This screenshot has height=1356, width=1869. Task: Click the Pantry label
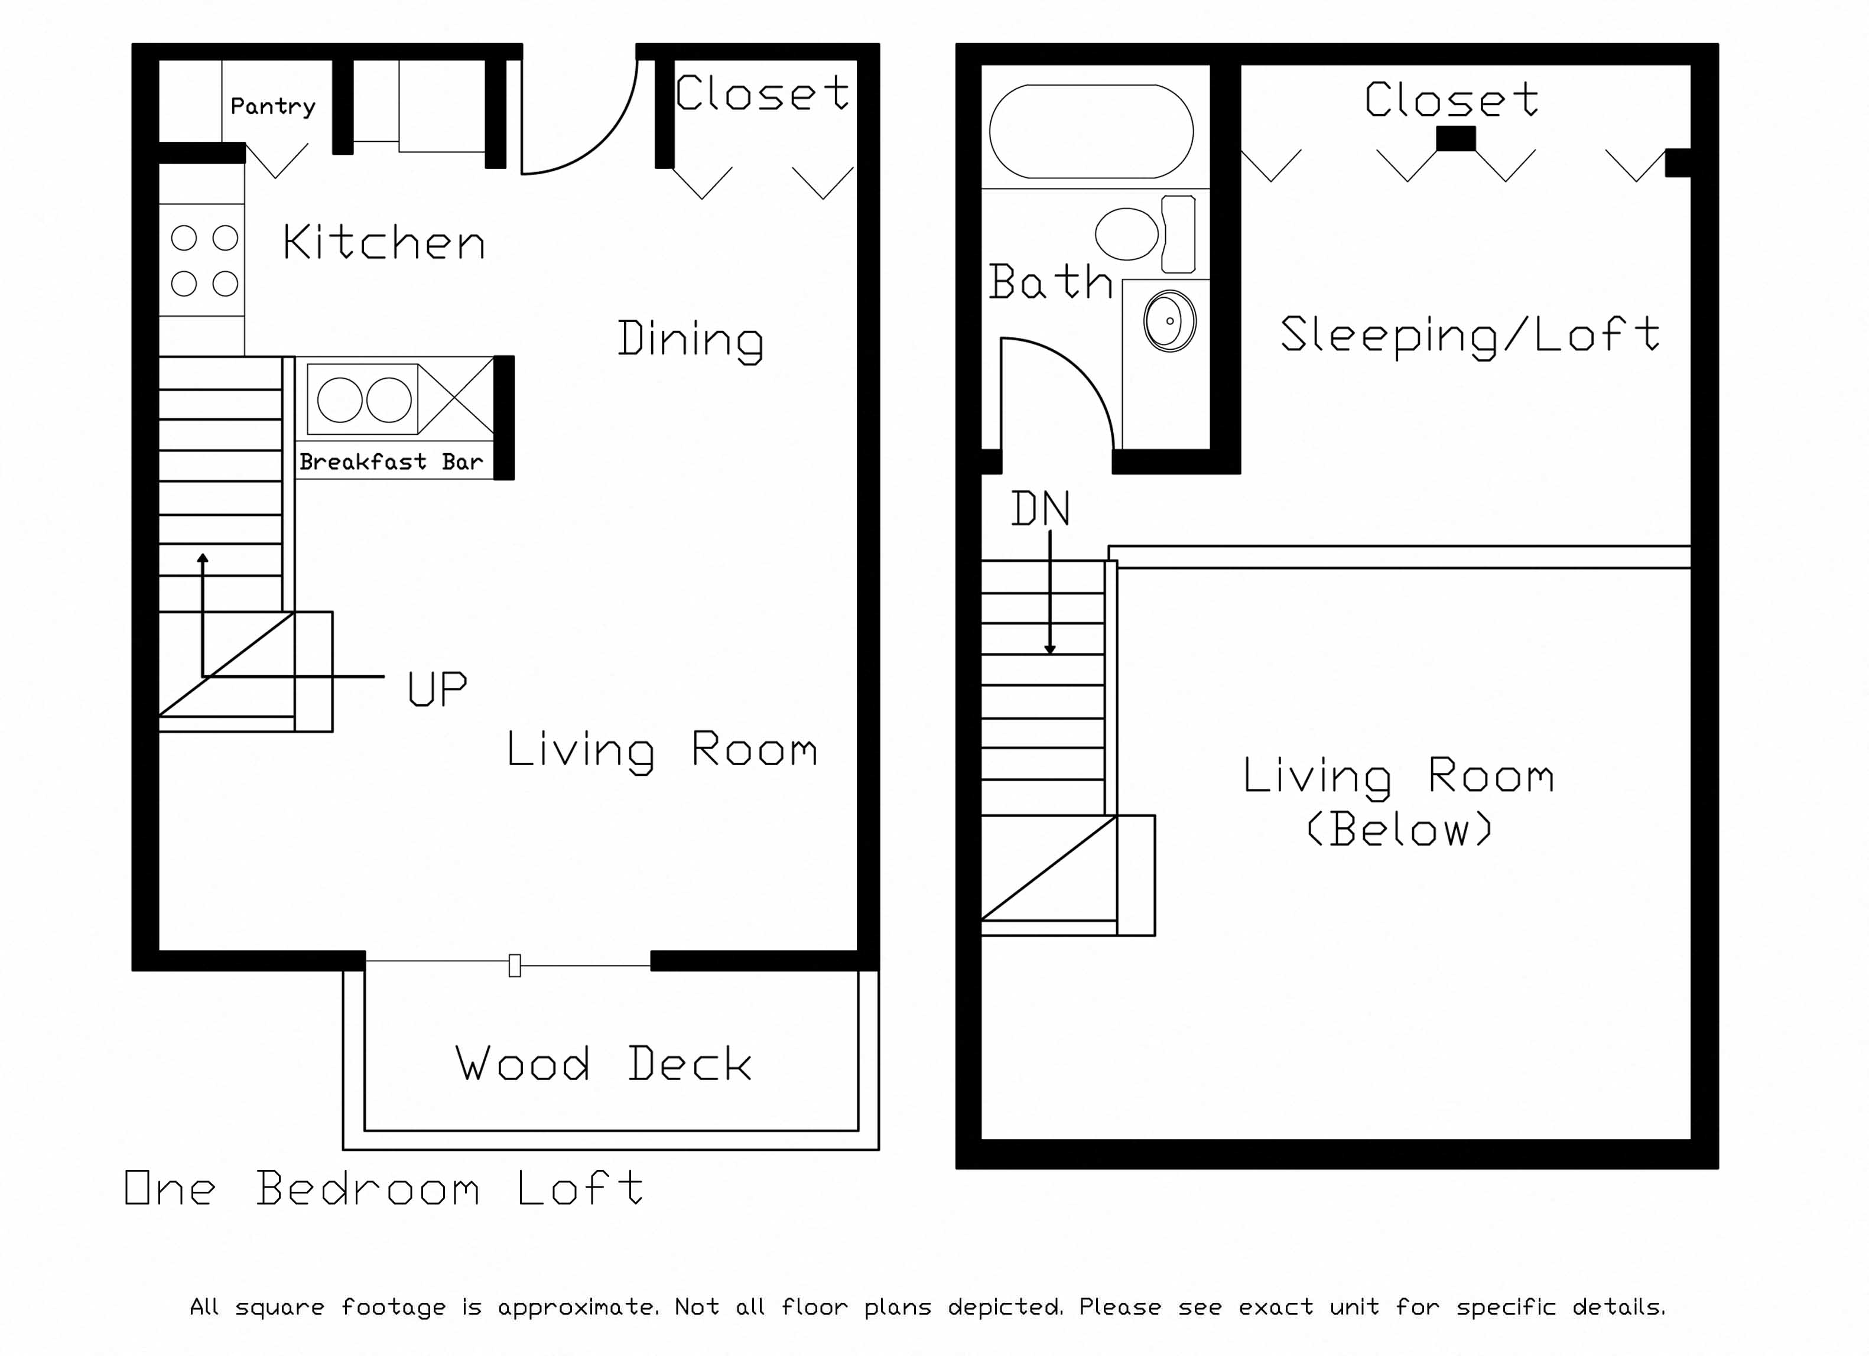(273, 106)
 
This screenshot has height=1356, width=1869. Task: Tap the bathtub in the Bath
(1090, 131)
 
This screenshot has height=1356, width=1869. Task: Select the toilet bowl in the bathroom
(1126, 234)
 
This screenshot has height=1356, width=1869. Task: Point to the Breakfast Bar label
(391, 462)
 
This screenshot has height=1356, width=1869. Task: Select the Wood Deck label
(603, 1064)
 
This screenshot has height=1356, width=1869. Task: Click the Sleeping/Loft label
(1470, 334)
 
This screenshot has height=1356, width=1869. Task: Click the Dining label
(691, 339)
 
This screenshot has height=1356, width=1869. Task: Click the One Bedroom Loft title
(384, 1189)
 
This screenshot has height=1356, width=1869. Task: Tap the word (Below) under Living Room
(1399, 830)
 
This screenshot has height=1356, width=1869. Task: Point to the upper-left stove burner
(184, 238)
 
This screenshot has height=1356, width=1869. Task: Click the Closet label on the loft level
(1451, 100)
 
